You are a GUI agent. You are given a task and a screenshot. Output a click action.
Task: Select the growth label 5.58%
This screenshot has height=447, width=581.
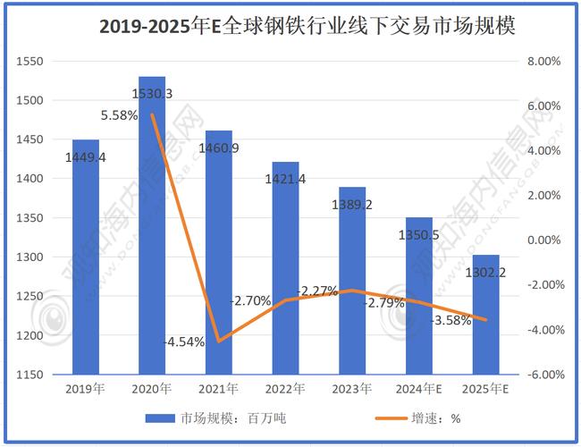(x=120, y=115)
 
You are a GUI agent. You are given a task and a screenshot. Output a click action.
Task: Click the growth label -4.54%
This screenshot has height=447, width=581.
(x=184, y=341)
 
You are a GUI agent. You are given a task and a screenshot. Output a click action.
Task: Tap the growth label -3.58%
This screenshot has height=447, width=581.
(x=450, y=320)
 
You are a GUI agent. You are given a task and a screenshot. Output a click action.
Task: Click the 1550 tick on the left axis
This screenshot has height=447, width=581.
(x=30, y=62)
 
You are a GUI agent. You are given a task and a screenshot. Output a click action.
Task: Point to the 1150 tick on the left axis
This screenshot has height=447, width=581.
(x=30, y=375)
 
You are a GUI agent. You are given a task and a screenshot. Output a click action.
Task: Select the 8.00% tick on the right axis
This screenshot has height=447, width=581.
(x=544, y=62)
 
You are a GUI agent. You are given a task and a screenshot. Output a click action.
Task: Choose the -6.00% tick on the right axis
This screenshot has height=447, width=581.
(x=543, y=375)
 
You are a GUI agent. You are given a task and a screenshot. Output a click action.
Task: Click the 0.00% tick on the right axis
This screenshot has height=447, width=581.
(x=544, y=240)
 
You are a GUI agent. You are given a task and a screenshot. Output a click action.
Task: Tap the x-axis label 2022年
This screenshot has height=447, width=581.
(x=285, y=389)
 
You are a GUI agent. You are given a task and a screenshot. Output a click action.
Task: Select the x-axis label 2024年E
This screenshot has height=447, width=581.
(x=419, y=389)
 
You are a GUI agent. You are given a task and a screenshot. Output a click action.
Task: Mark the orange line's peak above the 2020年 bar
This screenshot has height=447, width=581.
(x=152, y=114)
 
